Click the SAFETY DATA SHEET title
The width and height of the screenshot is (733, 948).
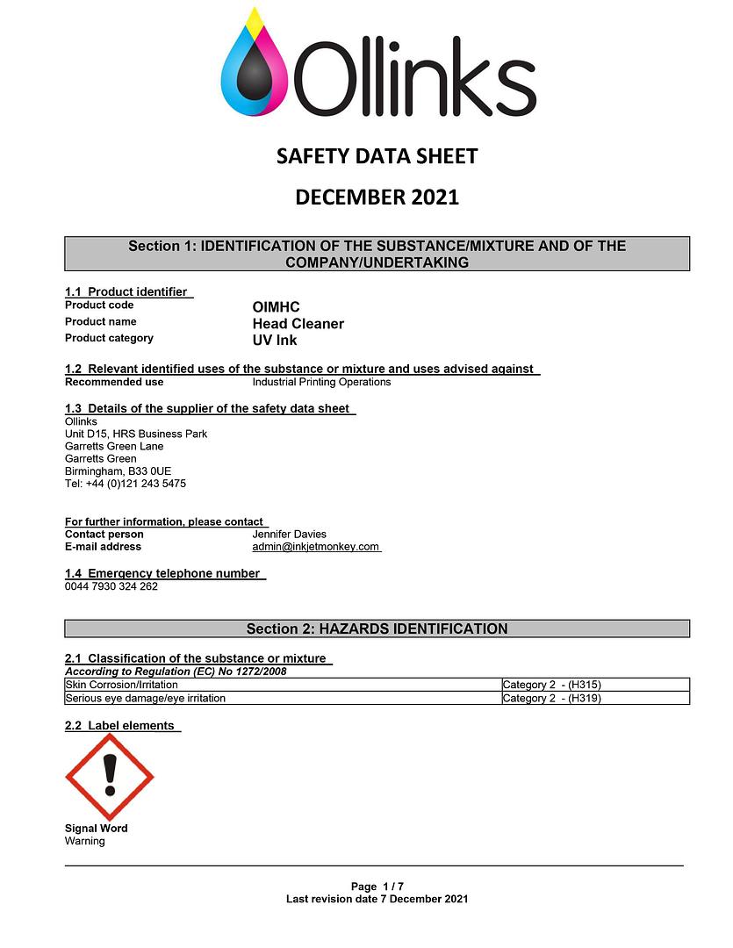[377, 156]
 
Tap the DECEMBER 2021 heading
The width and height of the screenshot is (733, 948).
[377, 197]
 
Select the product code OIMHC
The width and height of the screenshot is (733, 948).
[276, 307]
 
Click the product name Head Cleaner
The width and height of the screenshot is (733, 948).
[298, 324]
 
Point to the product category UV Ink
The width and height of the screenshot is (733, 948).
[275, 341]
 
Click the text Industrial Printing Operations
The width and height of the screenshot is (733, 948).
[321, 382]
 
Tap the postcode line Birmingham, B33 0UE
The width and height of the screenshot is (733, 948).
[118, 471]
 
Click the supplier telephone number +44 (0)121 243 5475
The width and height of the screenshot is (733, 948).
[126, 484]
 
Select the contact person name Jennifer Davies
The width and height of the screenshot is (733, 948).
[289, 534]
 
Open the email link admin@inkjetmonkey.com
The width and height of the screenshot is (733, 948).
[316, 547]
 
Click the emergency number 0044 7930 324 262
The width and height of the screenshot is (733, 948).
[111, 586]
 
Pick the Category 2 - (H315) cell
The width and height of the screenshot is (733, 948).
[551, 685]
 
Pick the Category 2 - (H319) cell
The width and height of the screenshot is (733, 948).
[551, 699]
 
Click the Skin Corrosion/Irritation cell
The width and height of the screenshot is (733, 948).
[122, 685]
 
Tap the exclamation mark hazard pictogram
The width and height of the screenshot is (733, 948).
[110, 777]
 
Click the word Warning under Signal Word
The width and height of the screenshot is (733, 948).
[84, 841]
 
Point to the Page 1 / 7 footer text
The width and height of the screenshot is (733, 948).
[377, 887]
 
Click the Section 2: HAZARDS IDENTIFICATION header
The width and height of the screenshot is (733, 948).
[377, 628]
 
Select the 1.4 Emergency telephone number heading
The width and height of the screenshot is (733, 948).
[164, 573]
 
